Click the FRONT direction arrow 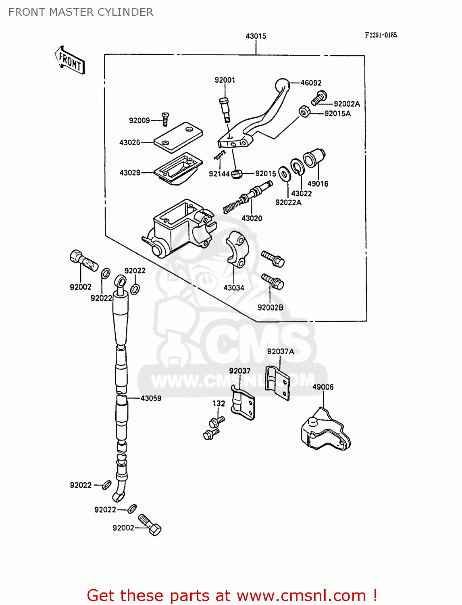coord(70,60)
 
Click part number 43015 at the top coord(256,36)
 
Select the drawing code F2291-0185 coord(381,35)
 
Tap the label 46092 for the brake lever coord(311,83)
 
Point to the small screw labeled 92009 coord(165,119)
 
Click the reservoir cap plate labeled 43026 coord(178,138)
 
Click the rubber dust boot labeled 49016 coord(314,159)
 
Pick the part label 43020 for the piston coord(252,219)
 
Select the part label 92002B coord(270,308)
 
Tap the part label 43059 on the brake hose coord(151,398)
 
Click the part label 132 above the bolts coord(219,403)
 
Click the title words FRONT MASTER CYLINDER coord(81,12)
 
